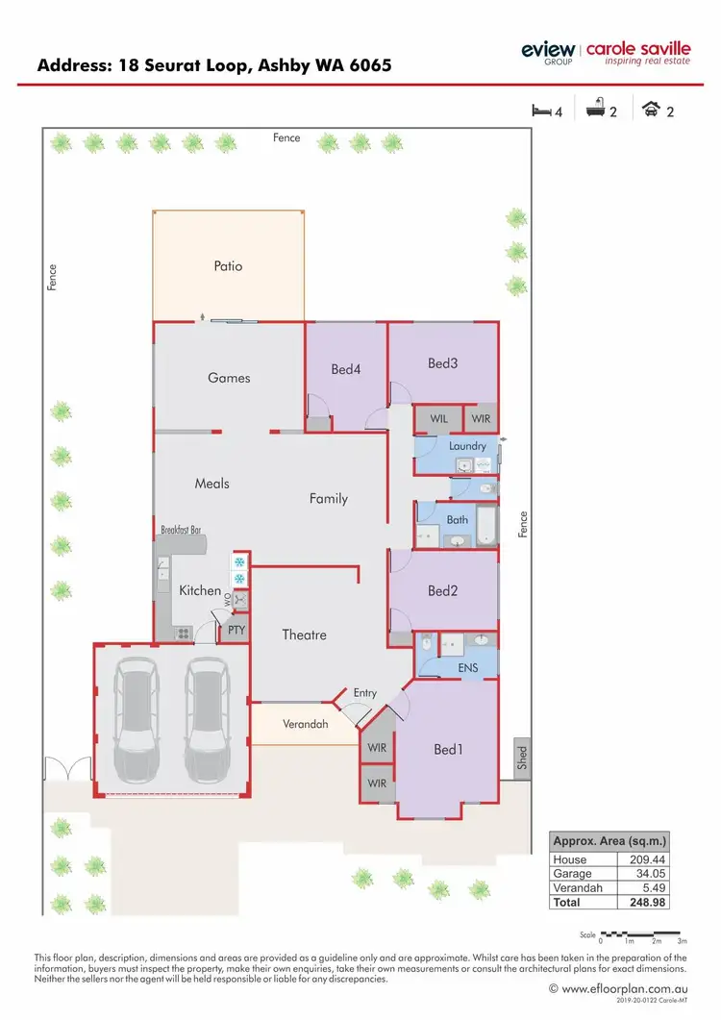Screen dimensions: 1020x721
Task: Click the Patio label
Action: click(x=228, y=266)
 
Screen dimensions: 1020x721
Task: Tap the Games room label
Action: click(x=229, y=378)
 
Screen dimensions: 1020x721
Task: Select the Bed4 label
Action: click(x=345, y=368)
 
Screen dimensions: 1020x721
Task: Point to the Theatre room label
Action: click(x=304, y=634)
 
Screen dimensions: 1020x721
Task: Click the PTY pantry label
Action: click(x=235, y=632)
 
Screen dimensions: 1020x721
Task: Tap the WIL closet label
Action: click(x=438, y=419)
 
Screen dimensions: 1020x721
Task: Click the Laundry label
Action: click(x=467, y=446)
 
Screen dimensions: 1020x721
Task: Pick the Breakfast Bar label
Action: click(x=181, y=530)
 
